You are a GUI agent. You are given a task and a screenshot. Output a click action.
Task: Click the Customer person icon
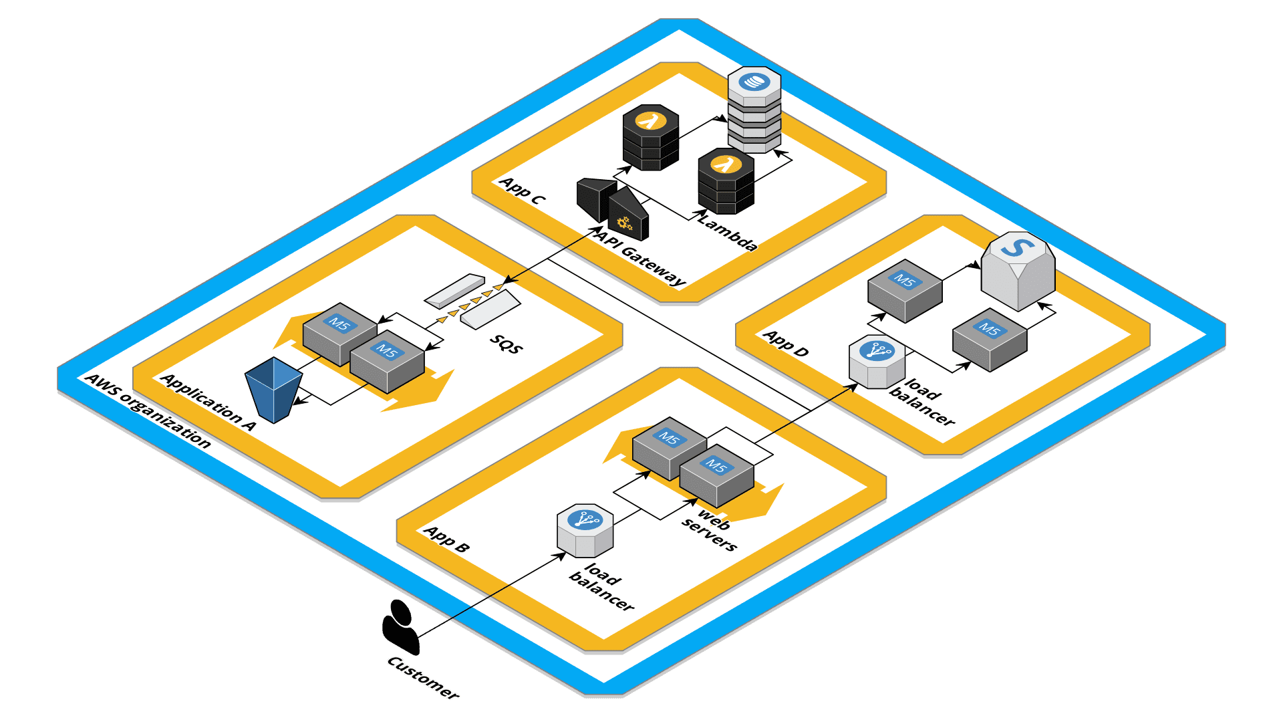(400, 626)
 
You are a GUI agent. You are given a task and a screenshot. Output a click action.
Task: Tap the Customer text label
(423, 678)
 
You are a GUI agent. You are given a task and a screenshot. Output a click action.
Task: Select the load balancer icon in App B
(585, 531)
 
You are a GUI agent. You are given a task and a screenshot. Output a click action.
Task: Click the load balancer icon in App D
(877, 362)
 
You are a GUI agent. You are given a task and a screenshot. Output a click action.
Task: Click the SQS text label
(506, 344)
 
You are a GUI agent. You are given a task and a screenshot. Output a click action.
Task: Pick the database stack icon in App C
(754, 110)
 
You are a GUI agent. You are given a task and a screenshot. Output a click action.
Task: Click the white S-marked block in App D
(1018, 270)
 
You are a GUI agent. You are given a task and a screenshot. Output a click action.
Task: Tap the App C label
(523, 191)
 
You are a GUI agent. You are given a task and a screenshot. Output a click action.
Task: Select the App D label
(786, 343)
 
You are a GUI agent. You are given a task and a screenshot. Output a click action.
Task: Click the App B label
(447, 539)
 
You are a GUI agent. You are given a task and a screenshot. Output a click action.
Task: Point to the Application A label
(208, 402)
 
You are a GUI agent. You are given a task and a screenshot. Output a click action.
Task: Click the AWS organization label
(148, 410)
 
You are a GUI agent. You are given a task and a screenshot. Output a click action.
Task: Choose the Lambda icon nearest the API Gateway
(650, 137)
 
